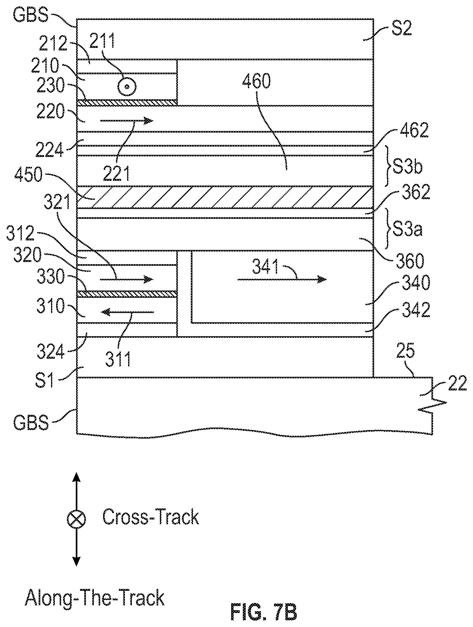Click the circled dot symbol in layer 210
point(127,87)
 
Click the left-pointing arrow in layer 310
point(127,312)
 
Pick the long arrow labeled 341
point(282,279)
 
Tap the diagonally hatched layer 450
point(225,197)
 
